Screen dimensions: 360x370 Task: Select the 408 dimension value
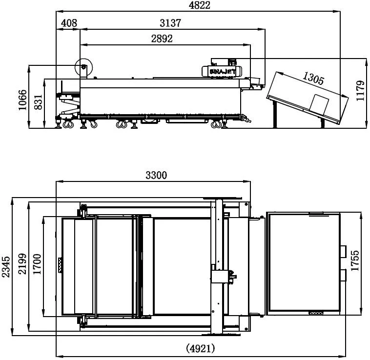coord(68,23)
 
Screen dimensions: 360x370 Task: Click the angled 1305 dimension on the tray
coord(313,78)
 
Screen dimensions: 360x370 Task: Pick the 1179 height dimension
coord(361,91)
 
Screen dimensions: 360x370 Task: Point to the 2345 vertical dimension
coord(6,268)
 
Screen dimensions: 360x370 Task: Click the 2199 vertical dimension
coord(22,268)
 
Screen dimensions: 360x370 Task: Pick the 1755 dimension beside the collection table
coord(355,262)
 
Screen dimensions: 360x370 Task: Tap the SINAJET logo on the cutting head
coord(223,71)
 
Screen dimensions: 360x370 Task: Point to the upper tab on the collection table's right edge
coord(344,251)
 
